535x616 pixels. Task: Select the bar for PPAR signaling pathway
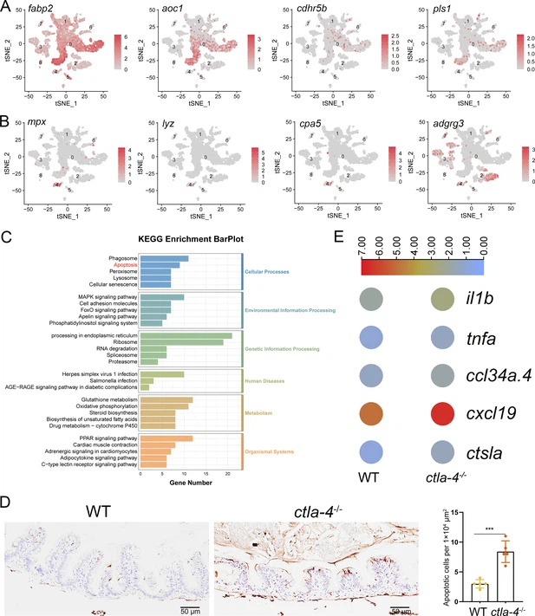pos(166,438)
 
